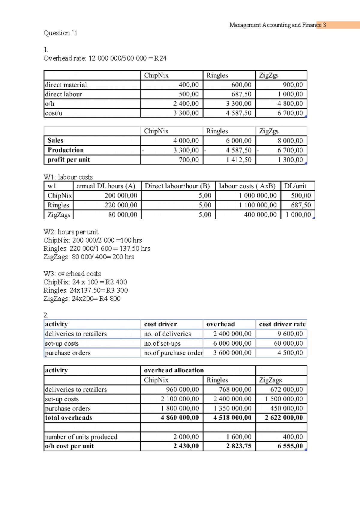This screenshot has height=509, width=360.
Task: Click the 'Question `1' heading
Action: (x=60, y=33)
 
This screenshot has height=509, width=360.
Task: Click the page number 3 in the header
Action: (x=324, y=25)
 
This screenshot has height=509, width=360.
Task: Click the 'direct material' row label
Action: (x=66, y=85)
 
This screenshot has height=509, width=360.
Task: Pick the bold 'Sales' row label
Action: (x=55, y=140)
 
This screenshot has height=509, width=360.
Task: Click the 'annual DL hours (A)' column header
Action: (x=106, y=186)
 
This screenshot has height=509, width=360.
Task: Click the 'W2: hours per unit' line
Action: (x=71, y=232)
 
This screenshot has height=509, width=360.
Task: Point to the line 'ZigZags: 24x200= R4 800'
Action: (x=82, y=299)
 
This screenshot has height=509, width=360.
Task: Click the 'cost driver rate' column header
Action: (x=282, y=324)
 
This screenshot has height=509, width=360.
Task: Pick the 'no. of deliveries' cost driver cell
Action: (x=167, y=334)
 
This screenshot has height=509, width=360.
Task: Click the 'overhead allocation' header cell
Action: (x=174, y=370)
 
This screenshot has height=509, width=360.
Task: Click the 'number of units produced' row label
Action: (x=81, y=437)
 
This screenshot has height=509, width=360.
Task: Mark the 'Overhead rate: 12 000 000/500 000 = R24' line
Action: (x=105, y=58)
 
